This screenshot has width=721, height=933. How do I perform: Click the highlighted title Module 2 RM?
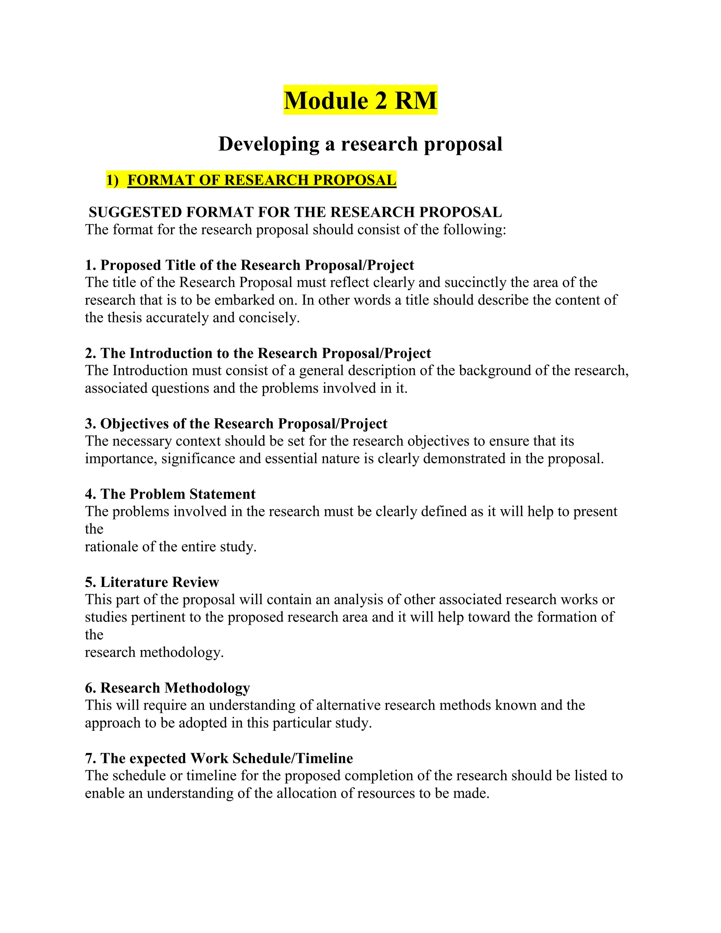click(360, 100)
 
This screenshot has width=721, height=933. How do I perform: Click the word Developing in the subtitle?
click(268, 144)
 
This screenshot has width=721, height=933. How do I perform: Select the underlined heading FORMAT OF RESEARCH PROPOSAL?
click(262, 180)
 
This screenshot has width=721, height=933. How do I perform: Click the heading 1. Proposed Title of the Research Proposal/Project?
click(250, 265)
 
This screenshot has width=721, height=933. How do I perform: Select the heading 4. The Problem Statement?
click(170, 494)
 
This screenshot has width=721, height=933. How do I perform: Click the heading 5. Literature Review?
click(152, 582)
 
